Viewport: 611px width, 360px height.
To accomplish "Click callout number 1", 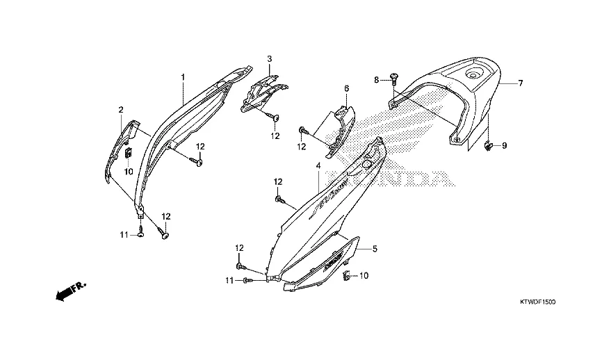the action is pos(183,76).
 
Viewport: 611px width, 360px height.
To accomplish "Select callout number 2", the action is pos(120,110).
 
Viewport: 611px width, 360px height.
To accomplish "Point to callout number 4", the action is pos(318,167).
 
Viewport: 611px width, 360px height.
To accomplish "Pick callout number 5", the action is pos(374,248).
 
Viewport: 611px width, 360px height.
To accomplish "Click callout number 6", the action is pos(345,89).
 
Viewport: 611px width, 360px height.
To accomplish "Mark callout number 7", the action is pos(519,83).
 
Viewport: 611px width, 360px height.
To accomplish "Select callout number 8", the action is pos(376,81).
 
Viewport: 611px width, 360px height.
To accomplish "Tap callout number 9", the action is pos(504,146).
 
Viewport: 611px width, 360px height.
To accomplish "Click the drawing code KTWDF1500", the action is pos(537,303).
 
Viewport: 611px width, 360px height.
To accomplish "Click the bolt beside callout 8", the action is pos(393,77).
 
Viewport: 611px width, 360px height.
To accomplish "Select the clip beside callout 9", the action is pos(489,145).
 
